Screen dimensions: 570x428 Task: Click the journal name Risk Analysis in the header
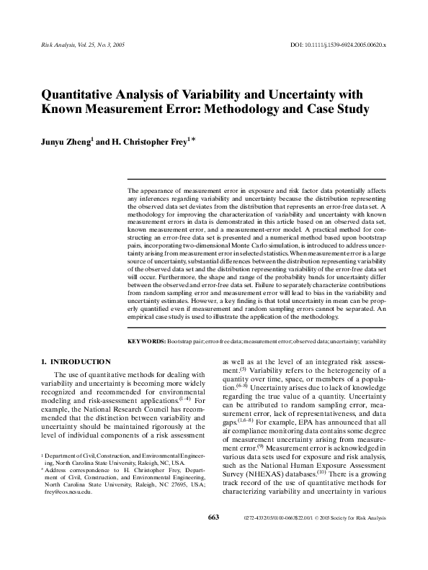[52, 44]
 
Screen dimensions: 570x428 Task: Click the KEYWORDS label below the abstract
[146, 341]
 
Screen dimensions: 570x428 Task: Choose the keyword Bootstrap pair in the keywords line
[185, 341]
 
